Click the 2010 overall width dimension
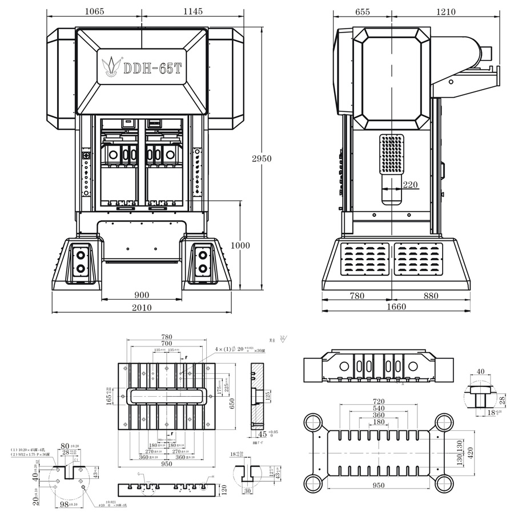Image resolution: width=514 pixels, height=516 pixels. coord(142,308)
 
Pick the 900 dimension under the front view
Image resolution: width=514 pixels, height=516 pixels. coord(142,295)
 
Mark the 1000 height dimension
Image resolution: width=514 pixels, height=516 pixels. coord(240,245)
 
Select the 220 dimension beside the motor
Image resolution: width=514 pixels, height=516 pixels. coord(409,185)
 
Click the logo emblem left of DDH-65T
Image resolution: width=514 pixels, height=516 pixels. coord(111,66)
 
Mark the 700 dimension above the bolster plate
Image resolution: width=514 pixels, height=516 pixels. coord(166,344)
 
